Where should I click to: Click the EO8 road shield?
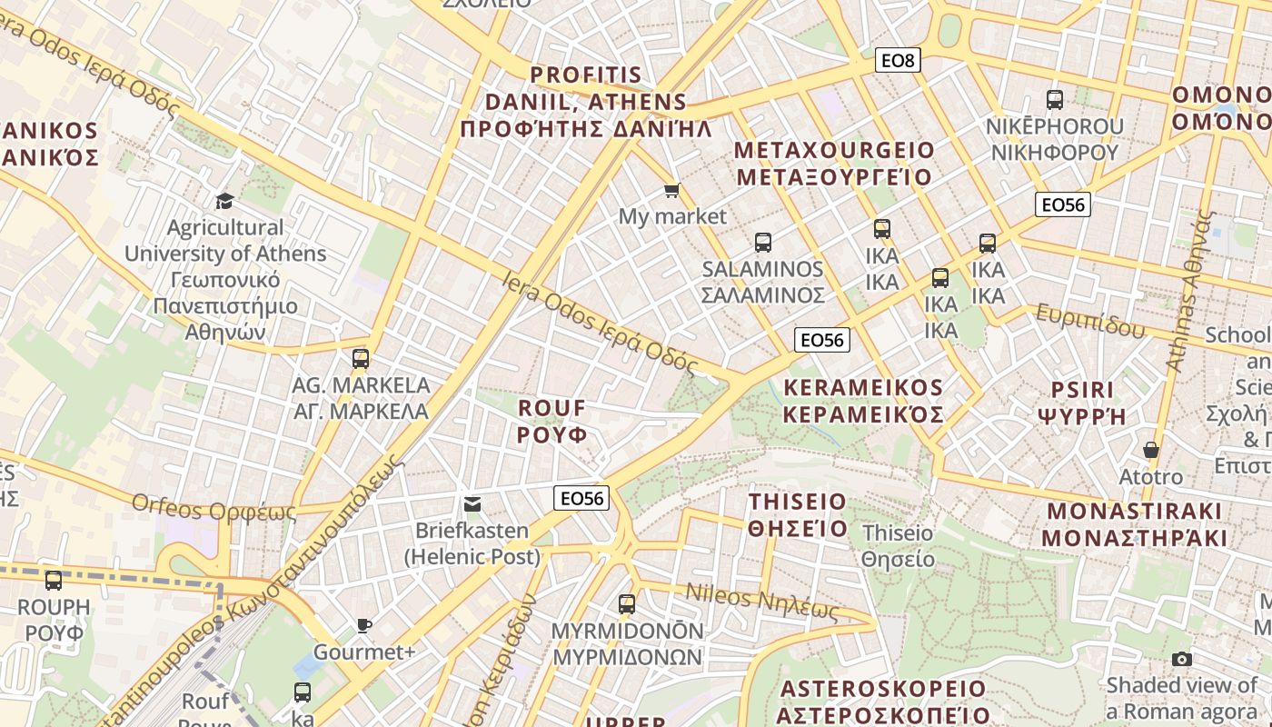point(899,61)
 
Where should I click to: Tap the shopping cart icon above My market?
point(671,190)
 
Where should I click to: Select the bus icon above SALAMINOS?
point(763,243)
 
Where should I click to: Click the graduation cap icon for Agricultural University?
point(224,200)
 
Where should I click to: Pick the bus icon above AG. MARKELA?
point(361,359)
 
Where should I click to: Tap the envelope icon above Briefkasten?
point(472,504)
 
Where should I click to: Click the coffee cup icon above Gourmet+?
point(363,625)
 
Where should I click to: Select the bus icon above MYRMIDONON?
point(626,603)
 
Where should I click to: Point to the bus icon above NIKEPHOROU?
point(1055,100)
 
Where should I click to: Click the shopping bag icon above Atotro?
point(1151,450)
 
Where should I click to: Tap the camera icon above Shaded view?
point(1182,659)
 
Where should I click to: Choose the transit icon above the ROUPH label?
point(54,580)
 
